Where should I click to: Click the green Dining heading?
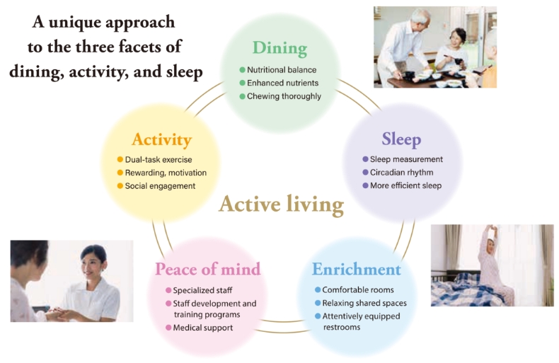[x=279, y=48]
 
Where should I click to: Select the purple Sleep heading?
[x=401, y=139]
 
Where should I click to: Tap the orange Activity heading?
[x=161, y=140]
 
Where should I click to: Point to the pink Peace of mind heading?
[x=208, y=269]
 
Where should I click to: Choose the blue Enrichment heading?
[x=357, y=269]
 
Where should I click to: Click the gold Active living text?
[x=282, y=204]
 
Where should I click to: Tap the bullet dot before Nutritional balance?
[x=243, y=70]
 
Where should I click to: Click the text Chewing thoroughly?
[x=284, y=96]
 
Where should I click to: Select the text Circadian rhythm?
[x=402, y=173]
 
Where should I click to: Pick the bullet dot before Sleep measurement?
[x=365, y=159]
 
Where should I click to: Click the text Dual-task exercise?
[x=159, y=160]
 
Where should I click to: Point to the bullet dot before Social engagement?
[x=120, y=186]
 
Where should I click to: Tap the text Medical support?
[x=203, y=328]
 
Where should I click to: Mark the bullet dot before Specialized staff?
[x=168, y=290]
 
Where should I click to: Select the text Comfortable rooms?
[x=358, y=290]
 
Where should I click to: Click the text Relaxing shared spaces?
[x=364, y=303]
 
